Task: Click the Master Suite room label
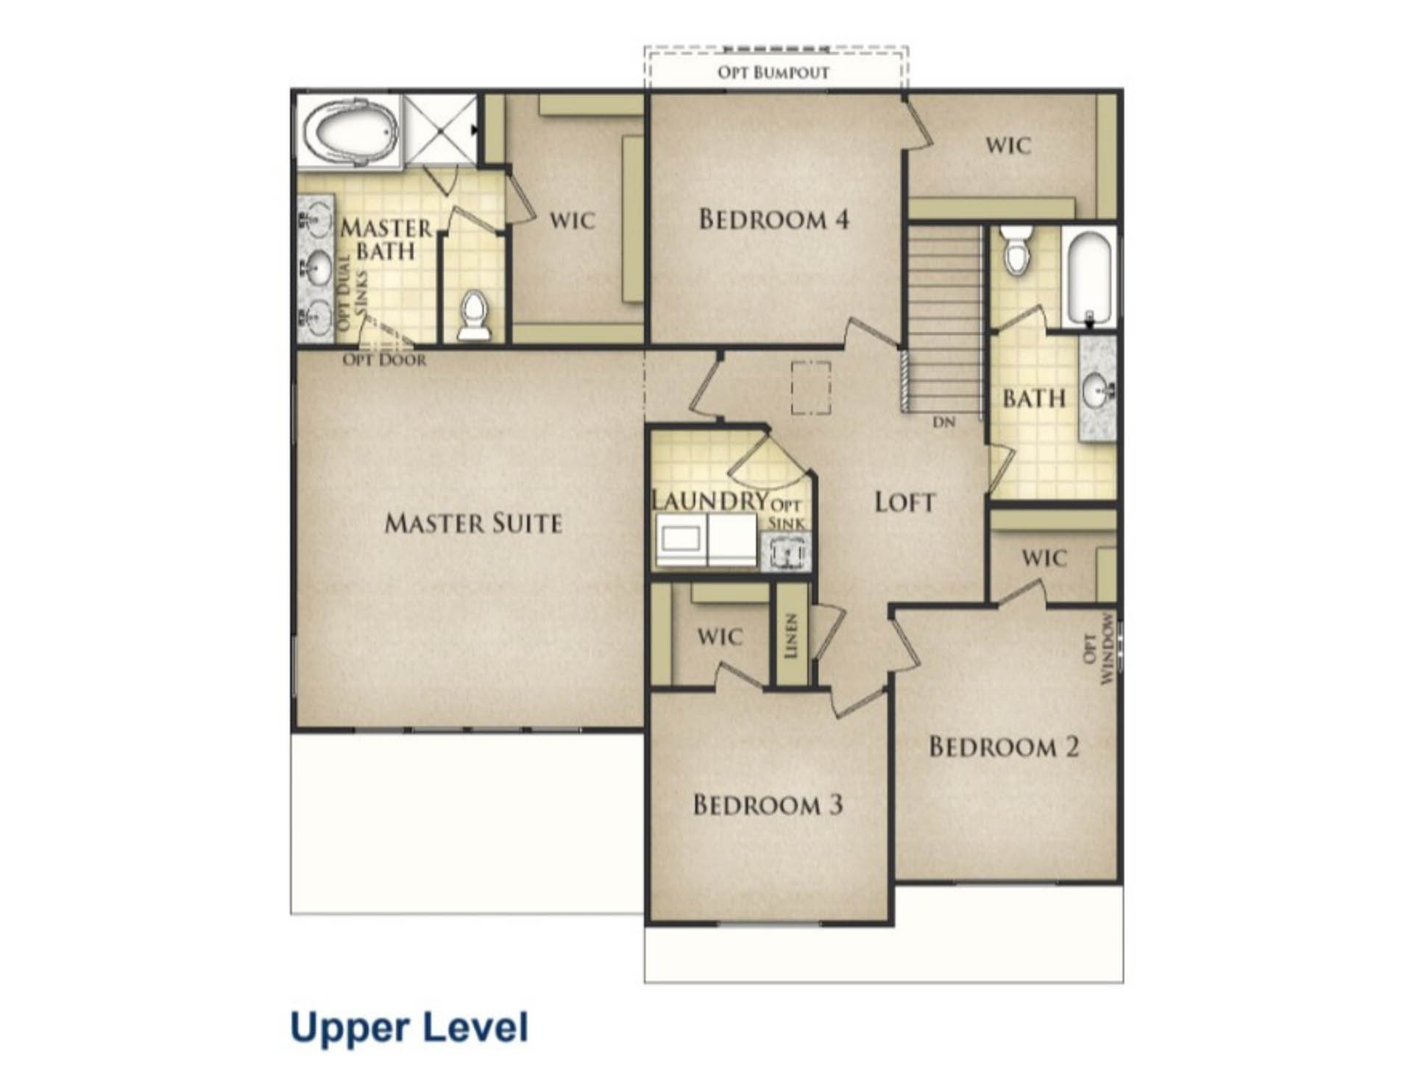(473, 524)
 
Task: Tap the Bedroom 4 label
(773, 219)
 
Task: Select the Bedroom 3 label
(768, 805)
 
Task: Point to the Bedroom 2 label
(1004, 747)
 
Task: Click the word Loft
(904, 502)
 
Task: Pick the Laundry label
(710, 501)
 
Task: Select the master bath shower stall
(440, 130)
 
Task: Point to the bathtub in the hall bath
(1089, 277)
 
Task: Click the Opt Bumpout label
(773, 72)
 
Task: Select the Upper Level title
(409, 1026)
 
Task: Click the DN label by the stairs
(944, 423)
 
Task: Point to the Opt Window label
(1099, 649)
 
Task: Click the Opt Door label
(384, 360)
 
